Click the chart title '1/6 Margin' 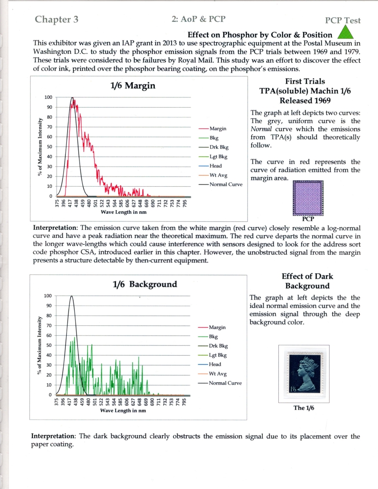(133, 85)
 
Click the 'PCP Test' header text (342, 20)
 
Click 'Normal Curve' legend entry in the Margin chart (226, 184)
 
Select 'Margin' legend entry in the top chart (218, 128)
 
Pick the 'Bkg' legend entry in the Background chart (213, 337)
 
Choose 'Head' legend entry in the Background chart (215, 365)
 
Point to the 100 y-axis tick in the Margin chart (48, 97)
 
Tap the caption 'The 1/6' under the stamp (304, 408)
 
